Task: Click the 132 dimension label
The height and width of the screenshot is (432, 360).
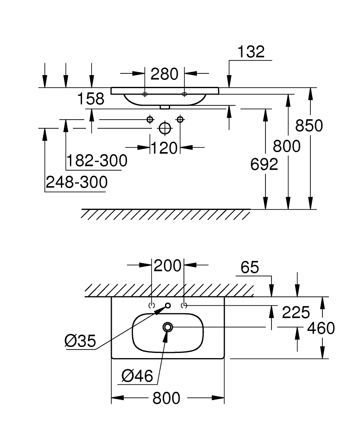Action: [x=251, y=52]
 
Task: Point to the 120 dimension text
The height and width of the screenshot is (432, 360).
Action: [x=164, y=148]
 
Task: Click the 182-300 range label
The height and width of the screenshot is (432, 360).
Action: [x=97, y=161]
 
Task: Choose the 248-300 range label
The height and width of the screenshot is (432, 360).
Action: [x=76, y=182]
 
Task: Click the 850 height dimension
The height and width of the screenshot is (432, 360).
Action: [x=309, y=126]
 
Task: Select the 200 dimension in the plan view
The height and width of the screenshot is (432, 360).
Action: [x=168, y=266]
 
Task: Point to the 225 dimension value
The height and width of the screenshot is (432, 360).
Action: [x=296, y=311]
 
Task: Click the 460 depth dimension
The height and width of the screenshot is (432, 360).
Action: [x=321, y=328]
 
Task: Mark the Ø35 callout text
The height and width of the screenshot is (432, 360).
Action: [x=80, y=341]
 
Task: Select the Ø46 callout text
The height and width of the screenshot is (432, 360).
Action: [x=137, y=376]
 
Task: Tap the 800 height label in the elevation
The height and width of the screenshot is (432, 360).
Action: [x=287, y=146]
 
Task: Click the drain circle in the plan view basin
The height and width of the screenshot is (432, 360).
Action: [x=167, y=327]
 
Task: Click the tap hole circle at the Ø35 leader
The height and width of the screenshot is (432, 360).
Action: [x=168, y=305]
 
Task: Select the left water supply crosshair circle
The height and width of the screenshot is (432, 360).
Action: [x=150, y=119]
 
